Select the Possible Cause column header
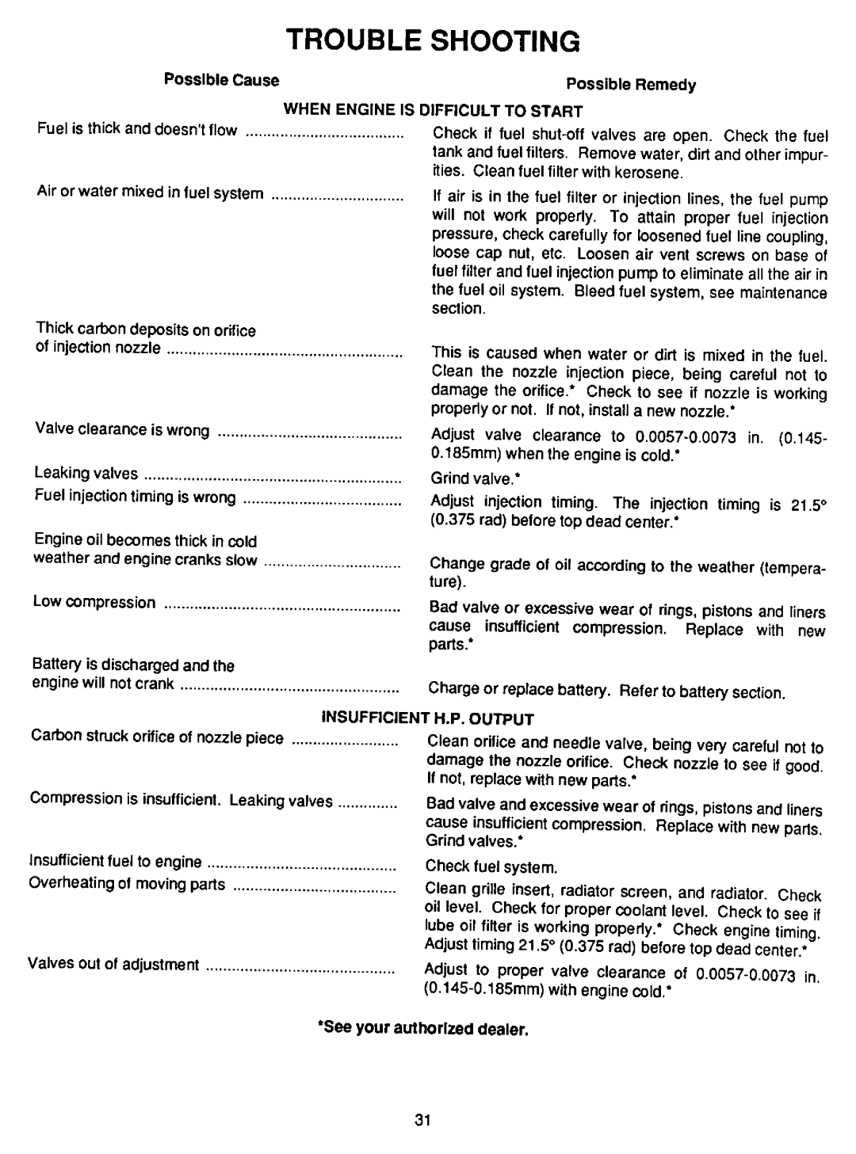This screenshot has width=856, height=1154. tap(221, 80)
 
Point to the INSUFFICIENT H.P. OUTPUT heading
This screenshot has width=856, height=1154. tap(428, 718)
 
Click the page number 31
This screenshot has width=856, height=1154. tap(421, 1120)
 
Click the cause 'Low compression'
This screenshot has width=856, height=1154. tap(94, 603)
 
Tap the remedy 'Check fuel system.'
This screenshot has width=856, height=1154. tap(492, 867)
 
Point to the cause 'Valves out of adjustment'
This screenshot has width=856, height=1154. tap(113, 964)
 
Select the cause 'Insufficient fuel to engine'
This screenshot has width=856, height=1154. tap(116, 861)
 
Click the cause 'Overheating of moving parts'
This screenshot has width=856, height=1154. tap(128, 883)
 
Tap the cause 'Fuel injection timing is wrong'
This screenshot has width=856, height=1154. tap(135, 497)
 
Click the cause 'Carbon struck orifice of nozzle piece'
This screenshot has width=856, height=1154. tap(157, 737)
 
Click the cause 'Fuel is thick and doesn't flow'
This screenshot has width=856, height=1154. tap(136, 128)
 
